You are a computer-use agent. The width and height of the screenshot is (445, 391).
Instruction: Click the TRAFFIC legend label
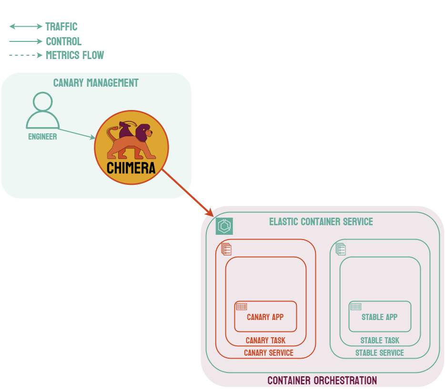point(61,27)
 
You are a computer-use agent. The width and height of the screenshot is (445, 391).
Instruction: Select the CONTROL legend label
point(63,41)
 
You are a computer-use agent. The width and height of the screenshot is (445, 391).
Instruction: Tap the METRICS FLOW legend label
point(75,55)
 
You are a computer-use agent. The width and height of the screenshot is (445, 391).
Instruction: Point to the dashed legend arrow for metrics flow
point(26,55)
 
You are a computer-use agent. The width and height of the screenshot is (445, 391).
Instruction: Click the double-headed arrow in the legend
point(26,27)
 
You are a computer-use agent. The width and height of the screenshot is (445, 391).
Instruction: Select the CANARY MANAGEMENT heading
point(96,83)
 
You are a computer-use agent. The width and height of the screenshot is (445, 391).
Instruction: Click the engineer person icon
point(43,110)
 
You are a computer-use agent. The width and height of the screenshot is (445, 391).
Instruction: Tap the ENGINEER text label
point(42,137)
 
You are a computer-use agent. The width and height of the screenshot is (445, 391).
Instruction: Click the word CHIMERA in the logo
point(131,168)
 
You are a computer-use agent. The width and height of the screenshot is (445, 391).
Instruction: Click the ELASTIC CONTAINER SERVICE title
point(321,221)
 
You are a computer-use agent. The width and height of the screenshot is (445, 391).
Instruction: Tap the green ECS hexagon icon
point(224,226)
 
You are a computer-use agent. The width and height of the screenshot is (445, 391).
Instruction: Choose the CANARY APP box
point(265,317)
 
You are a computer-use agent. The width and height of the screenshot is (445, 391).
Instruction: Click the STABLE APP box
point(380,317)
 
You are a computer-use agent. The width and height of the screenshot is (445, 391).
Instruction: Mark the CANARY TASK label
point(265,341)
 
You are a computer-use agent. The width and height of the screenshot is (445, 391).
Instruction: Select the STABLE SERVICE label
point(380,353)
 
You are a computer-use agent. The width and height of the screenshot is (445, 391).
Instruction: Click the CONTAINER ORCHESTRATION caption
point(322,381)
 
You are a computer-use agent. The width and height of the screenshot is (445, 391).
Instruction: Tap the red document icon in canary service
point(226,249)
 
